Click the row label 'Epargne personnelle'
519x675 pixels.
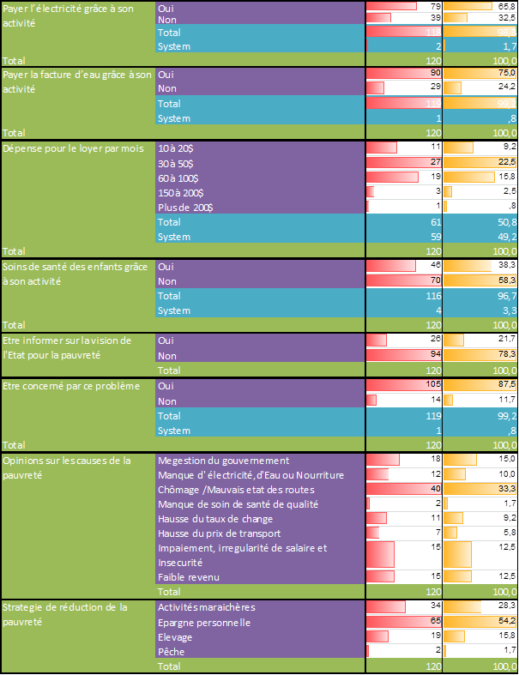pyautogui.click(x=204, y=622)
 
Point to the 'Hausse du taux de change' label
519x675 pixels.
pyautogui.click(x=215, y=519)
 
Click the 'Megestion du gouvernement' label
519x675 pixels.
pyautogui.click(x=223, y=461)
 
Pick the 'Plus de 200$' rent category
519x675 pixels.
pyautogui.click(x=185, y=208)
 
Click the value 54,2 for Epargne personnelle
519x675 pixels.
pyautogui.click(x=505, y=622)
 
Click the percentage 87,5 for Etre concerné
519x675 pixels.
pyautogui.click(x=505, y=386)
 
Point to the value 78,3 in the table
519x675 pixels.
pyautogui.click(x=505, y=356)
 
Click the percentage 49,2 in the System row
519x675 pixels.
pyautogui.click(x=505, y=237)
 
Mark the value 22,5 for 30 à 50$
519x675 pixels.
pyautogui.click(x=505, y=163)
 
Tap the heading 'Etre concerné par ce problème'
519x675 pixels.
pyautogui.click(x=71, y=386)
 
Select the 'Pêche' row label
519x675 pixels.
pyautogui.click(x=172, y=651)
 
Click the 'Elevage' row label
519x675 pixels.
pyautogui.click(x=175, y=636)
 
